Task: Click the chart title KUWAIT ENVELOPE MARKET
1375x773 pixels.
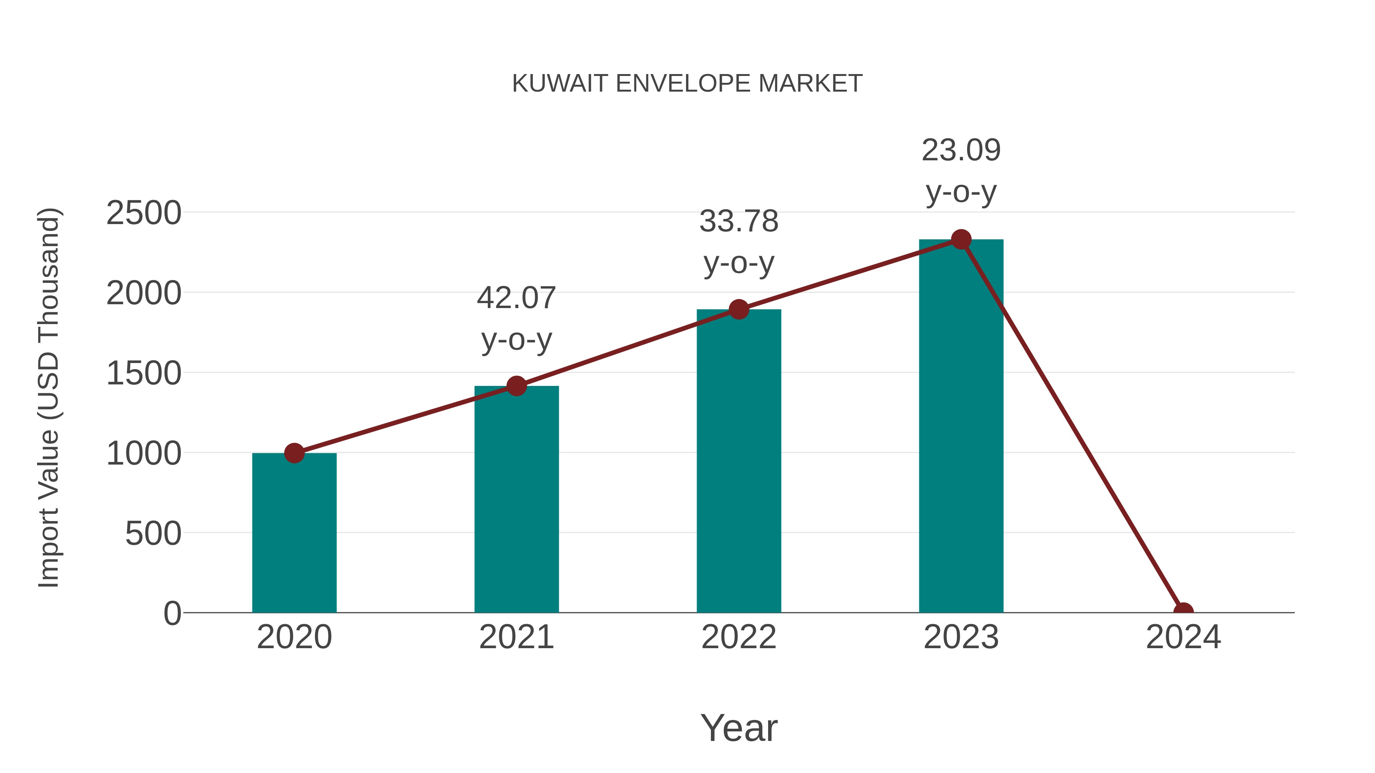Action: (687, 83)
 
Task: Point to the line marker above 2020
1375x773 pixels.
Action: (294, 453)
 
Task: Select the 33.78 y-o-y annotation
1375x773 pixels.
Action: (739, 242)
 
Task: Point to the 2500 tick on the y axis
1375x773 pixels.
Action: (144, 213)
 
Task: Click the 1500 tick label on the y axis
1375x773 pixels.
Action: (144, 373)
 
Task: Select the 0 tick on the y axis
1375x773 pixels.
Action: (172, 613)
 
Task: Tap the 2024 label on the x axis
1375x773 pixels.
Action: (1183, 637)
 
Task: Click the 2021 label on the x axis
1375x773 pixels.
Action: (516, 637)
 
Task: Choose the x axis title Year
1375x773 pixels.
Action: (739, 727)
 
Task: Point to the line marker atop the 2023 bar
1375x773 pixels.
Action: (961, 239)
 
